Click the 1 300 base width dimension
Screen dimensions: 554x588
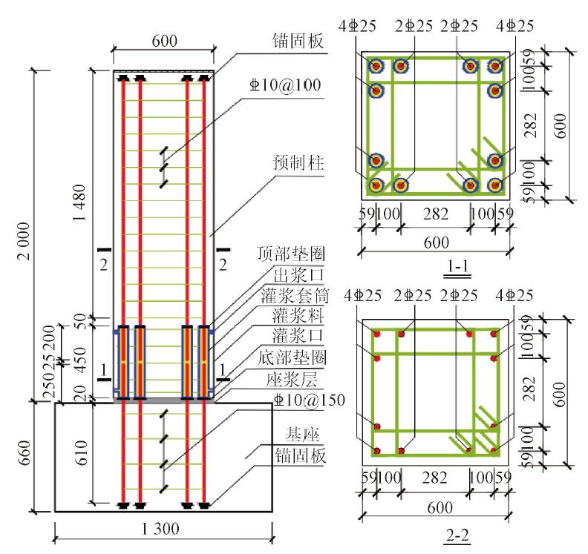(x=164, y=530)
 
